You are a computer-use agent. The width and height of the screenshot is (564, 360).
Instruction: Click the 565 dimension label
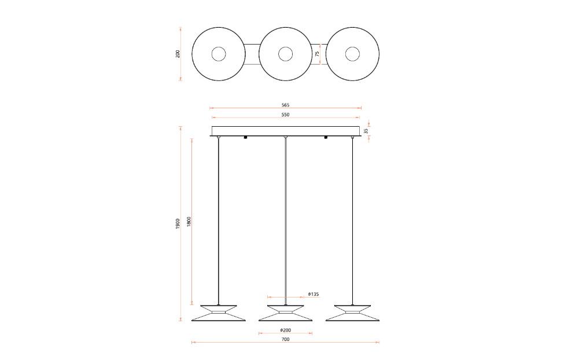click(x=285, y=105)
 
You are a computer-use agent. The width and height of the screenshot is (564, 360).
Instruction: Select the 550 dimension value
click(x=285, y=115)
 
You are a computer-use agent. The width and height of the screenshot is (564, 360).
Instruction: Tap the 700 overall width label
click(x=285, y=339)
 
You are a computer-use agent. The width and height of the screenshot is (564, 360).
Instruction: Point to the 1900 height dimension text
click(x=178, y=223)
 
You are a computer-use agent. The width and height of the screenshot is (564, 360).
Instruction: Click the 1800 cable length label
click(x=189, y=222)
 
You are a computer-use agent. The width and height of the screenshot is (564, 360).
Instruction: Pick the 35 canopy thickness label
click(x=366, y=131)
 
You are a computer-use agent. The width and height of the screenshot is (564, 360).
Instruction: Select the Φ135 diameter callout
click(x=313, y=294)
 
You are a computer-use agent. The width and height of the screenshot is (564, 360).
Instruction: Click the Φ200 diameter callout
click(x=286, y=330)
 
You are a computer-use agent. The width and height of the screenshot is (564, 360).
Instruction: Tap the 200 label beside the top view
click(x=178, y=54)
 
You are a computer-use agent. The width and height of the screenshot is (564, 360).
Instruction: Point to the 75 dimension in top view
click(x=317, y=54)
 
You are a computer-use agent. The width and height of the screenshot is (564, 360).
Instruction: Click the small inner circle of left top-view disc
click(x=218, y=54)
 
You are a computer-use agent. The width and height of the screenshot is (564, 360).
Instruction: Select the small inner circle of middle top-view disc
click(x=285, y=54)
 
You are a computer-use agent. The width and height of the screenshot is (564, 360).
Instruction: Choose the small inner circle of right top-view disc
click(x=352, y=54)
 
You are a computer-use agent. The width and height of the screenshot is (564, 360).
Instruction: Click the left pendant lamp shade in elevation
click(x=218, y=313)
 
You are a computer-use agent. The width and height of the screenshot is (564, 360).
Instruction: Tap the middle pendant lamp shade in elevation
click(x=285, y=313)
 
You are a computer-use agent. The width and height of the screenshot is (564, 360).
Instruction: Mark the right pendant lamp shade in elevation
click(x=352, y=313)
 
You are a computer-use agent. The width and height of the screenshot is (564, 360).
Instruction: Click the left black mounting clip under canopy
click(x=245, y=138)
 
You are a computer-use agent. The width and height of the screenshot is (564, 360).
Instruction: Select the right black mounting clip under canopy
click(x=326, y=138)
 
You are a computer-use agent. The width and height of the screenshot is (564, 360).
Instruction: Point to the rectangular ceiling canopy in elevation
click(x=285, y=130)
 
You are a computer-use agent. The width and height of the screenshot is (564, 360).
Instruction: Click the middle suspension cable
click(x=285, y=220)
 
